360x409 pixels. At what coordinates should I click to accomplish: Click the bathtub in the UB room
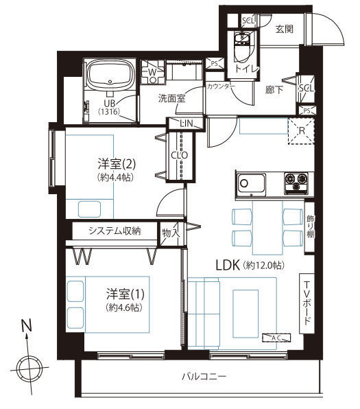point(111,74)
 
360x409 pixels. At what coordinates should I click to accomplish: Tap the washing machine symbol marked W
point(153,72)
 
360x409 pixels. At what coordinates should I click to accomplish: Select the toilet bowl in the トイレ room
point(243,49)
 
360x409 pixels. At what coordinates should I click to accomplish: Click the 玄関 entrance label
point(285,29)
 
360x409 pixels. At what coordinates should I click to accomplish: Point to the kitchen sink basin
point(251,185)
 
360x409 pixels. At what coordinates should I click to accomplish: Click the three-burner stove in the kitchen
point(296,183)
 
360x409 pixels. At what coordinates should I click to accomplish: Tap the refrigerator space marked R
point(301,131)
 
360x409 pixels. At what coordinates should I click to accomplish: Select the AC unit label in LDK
point(276,338)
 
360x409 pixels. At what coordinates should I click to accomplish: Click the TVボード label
point(307,303)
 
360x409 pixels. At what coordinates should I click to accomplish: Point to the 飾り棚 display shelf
point(310,226)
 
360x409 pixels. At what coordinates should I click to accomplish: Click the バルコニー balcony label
point(204,376)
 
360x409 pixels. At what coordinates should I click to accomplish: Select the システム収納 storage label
point(115,231)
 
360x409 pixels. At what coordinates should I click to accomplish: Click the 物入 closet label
point(171,233)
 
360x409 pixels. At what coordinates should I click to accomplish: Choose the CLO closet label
point(180,155)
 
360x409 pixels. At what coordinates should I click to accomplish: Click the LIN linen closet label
point(187,123)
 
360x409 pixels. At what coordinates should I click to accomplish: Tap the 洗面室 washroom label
point(172,98)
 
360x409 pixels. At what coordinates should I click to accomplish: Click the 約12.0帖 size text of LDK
point(263,266)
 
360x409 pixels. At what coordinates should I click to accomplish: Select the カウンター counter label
point(221,86)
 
